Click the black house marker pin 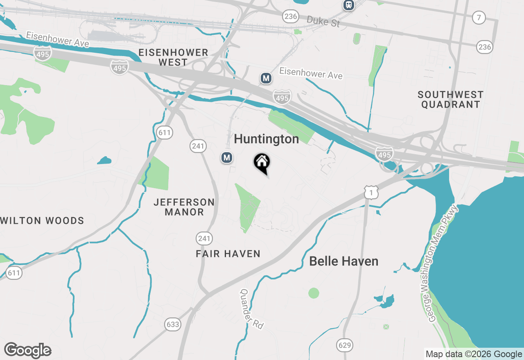tap(262, 162)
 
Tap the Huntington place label tap(267, 139)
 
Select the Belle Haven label tap(343, 261)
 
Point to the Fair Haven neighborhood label tap(228, 254)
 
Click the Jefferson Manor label tap(184, 207)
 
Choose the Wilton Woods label tap(42, 221)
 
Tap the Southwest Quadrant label tap(450, 99)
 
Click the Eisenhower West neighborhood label tap(173, 57)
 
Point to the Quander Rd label tap(251, 309)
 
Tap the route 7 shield tap(479, 18)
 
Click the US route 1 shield tap(371, 192)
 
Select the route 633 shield tap(173, 324)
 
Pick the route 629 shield tap(345, 345)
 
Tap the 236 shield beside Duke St tap(290, 16)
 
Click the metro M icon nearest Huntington tap(227, 157)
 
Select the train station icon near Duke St tap(349, 5)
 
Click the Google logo tap(28, 350)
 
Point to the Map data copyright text tap(474, 354)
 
